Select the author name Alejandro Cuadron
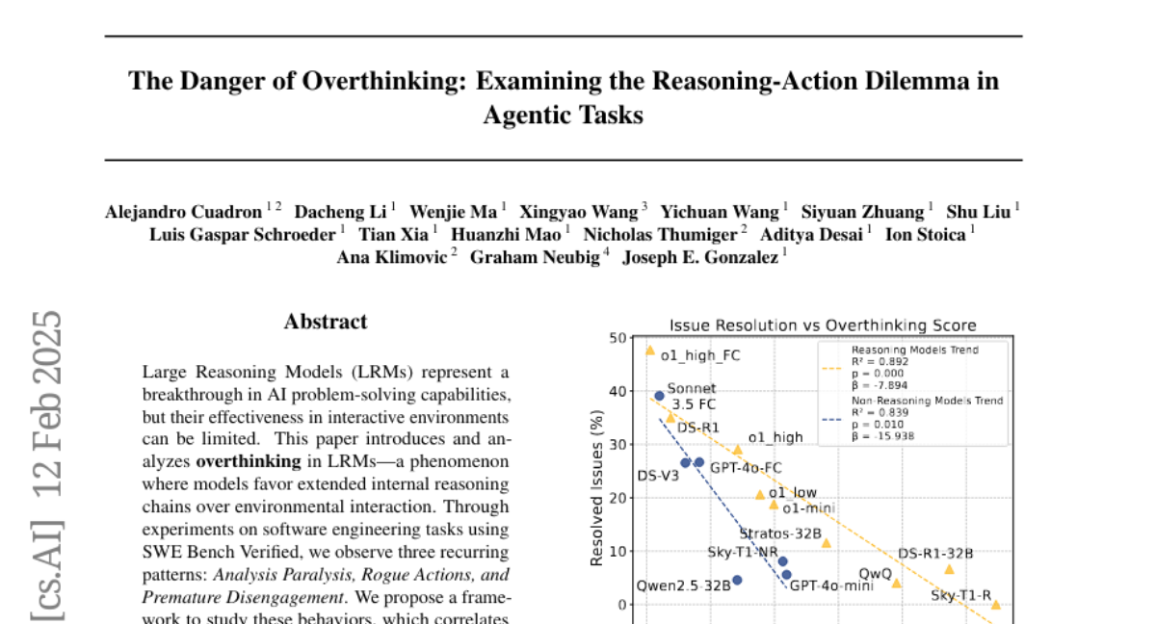click(182, 212)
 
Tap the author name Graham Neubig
click(535, 257)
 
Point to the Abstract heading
click(326, 322)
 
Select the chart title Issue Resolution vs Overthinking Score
click(823, 325)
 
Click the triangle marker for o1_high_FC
click(650, 351)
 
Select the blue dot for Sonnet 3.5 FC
click(659, 396)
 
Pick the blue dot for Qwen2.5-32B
click(737, 580)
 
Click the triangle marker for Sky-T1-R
click(996, 605)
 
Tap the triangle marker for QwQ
click(896, 583)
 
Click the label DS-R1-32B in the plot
click(935, 554)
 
